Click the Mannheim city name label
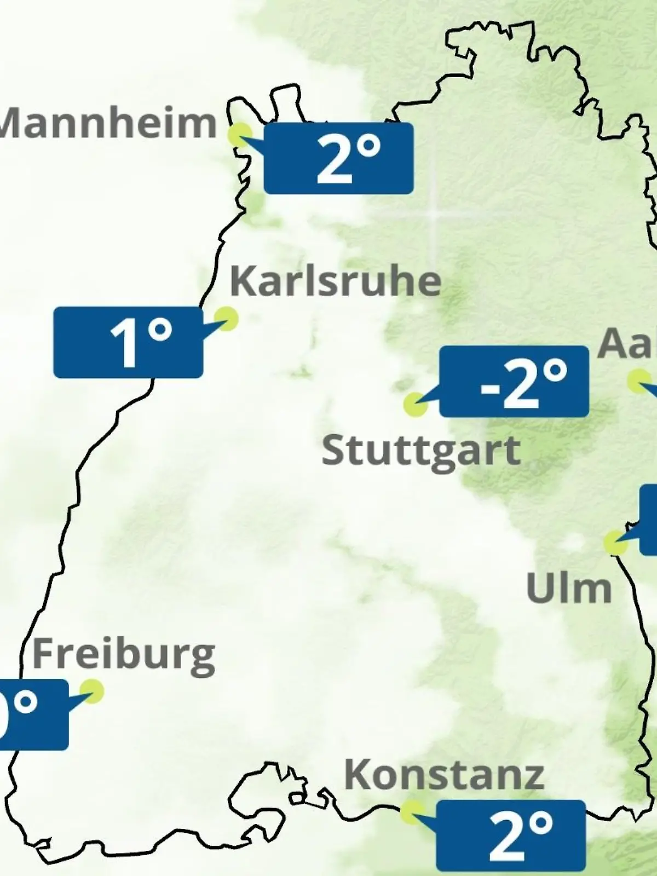coord(108,123)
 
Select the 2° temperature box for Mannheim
coord(338,158)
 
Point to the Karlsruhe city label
coord(336,281)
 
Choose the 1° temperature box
coord(128,342)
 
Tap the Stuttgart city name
coord(420,451)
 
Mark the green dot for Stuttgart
coord(415,405)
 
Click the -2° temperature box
coord(514,382)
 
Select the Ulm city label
coord(568,589)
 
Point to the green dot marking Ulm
coord(615,543)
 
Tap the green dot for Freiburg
coord(91,691)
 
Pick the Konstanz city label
coord(444,775)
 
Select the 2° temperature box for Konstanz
coord(511,835)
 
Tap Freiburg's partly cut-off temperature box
coord(33,714)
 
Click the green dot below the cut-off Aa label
coord(638,381)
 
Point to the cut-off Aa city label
coord(627,344)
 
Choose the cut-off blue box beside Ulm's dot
coord(649,520)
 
